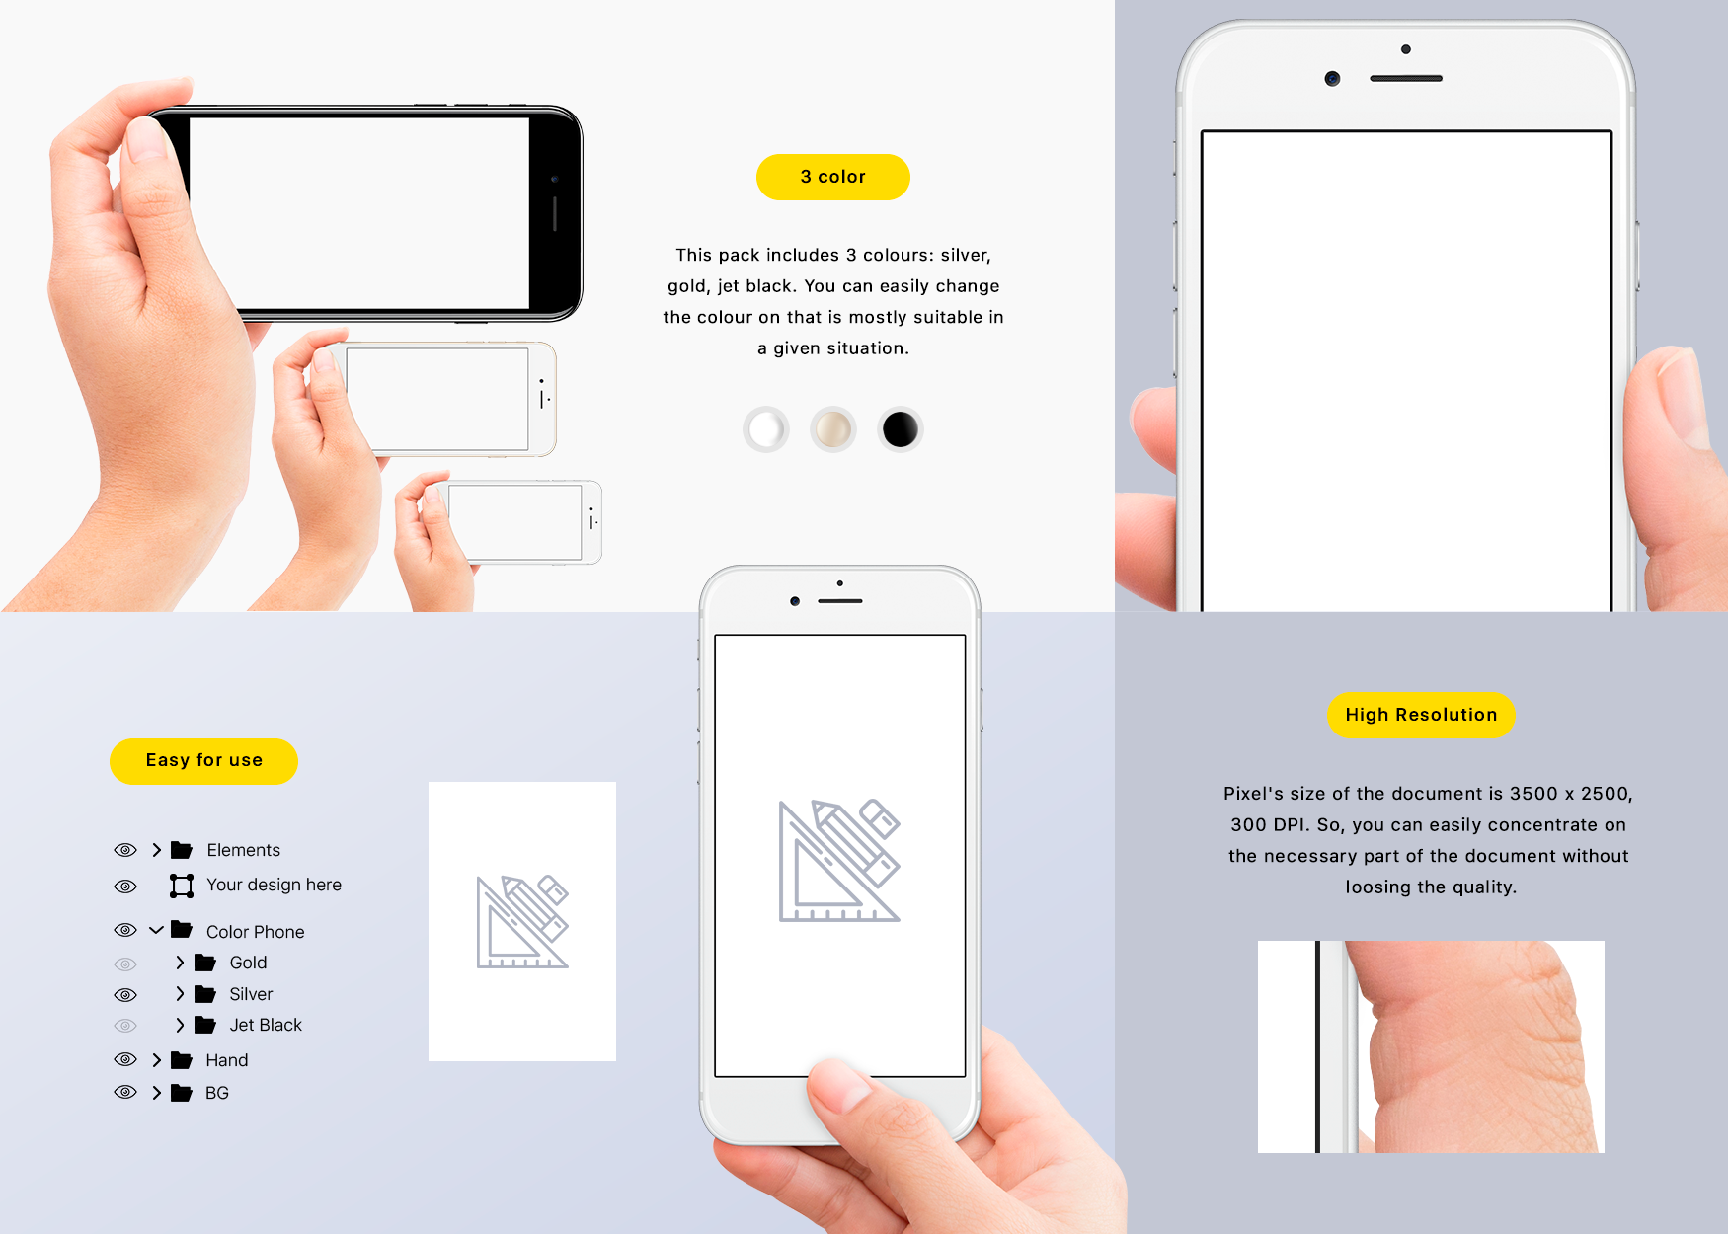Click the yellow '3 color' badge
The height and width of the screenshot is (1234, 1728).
pyautogui.click(x=832, y=177)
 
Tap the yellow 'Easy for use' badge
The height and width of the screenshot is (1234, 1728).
pyautogui.click(x=203, y=761)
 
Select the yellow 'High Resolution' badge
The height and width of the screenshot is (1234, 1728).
pyautogui.click(x=1421, y=715)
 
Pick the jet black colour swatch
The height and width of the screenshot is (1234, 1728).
pyautogui.click(x=900, y=429)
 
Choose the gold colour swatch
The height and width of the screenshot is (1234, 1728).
pyautogui.click(x=832, y=429)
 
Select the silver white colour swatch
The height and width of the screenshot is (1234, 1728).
pyautogui.click(x=765, y=429)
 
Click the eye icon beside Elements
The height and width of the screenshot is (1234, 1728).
pyautogui.click(x=125, y=850)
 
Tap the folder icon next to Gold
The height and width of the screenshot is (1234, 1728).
pyautogui.click(x=205, y=963)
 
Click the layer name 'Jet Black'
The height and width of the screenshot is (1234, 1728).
pyautogui.click(x=266, y=1025)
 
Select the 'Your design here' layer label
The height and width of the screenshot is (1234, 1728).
pyautogui.click(x=274, y=885)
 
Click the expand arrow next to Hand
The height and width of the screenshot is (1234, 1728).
pyautogui.click(x=156, y=1060)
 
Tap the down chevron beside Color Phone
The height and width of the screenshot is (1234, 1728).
pyautogui.click(x=156, y=930)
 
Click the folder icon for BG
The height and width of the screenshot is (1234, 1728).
pyautogui.click(x=182, y=1093)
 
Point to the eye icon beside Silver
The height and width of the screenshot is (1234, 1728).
pyautogui.click(x=125, y=995)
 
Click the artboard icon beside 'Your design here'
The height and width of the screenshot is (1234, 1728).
pyautogui.click(x=182, y=886)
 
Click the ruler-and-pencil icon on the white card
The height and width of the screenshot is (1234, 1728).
pyautogui.click(x=522, y=921)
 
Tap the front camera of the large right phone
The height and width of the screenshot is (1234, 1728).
pyautogui.click(x=1332, y=79)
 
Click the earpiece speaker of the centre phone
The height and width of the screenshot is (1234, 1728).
pyautogui.click(x=840, y=601)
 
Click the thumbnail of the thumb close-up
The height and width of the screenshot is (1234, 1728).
pyautogui.click(x=1431, y=1046)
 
